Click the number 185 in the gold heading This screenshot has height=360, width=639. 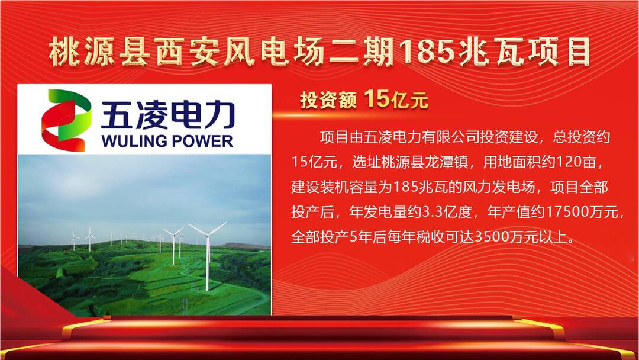pyautogui.click(x=427, y=52)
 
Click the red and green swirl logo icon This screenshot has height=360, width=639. pyautogui.click(x=66, y=120)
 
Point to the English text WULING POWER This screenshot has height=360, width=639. pyautogui.click(x=167, y=141)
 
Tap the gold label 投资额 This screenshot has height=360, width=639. pyautogui.click(x=328, y=99)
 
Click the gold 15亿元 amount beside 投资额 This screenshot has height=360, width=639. pyautogui.click(x=396, y=99)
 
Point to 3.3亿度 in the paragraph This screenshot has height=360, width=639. pyautogui.click(x=446, y=212)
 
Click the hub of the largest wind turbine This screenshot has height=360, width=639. pyautogui.click(x=208, y=236)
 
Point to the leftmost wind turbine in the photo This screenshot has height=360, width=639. pyautogui.click(x=74, y=240)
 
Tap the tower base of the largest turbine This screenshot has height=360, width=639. pyautogui.click(x=208, y=289)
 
